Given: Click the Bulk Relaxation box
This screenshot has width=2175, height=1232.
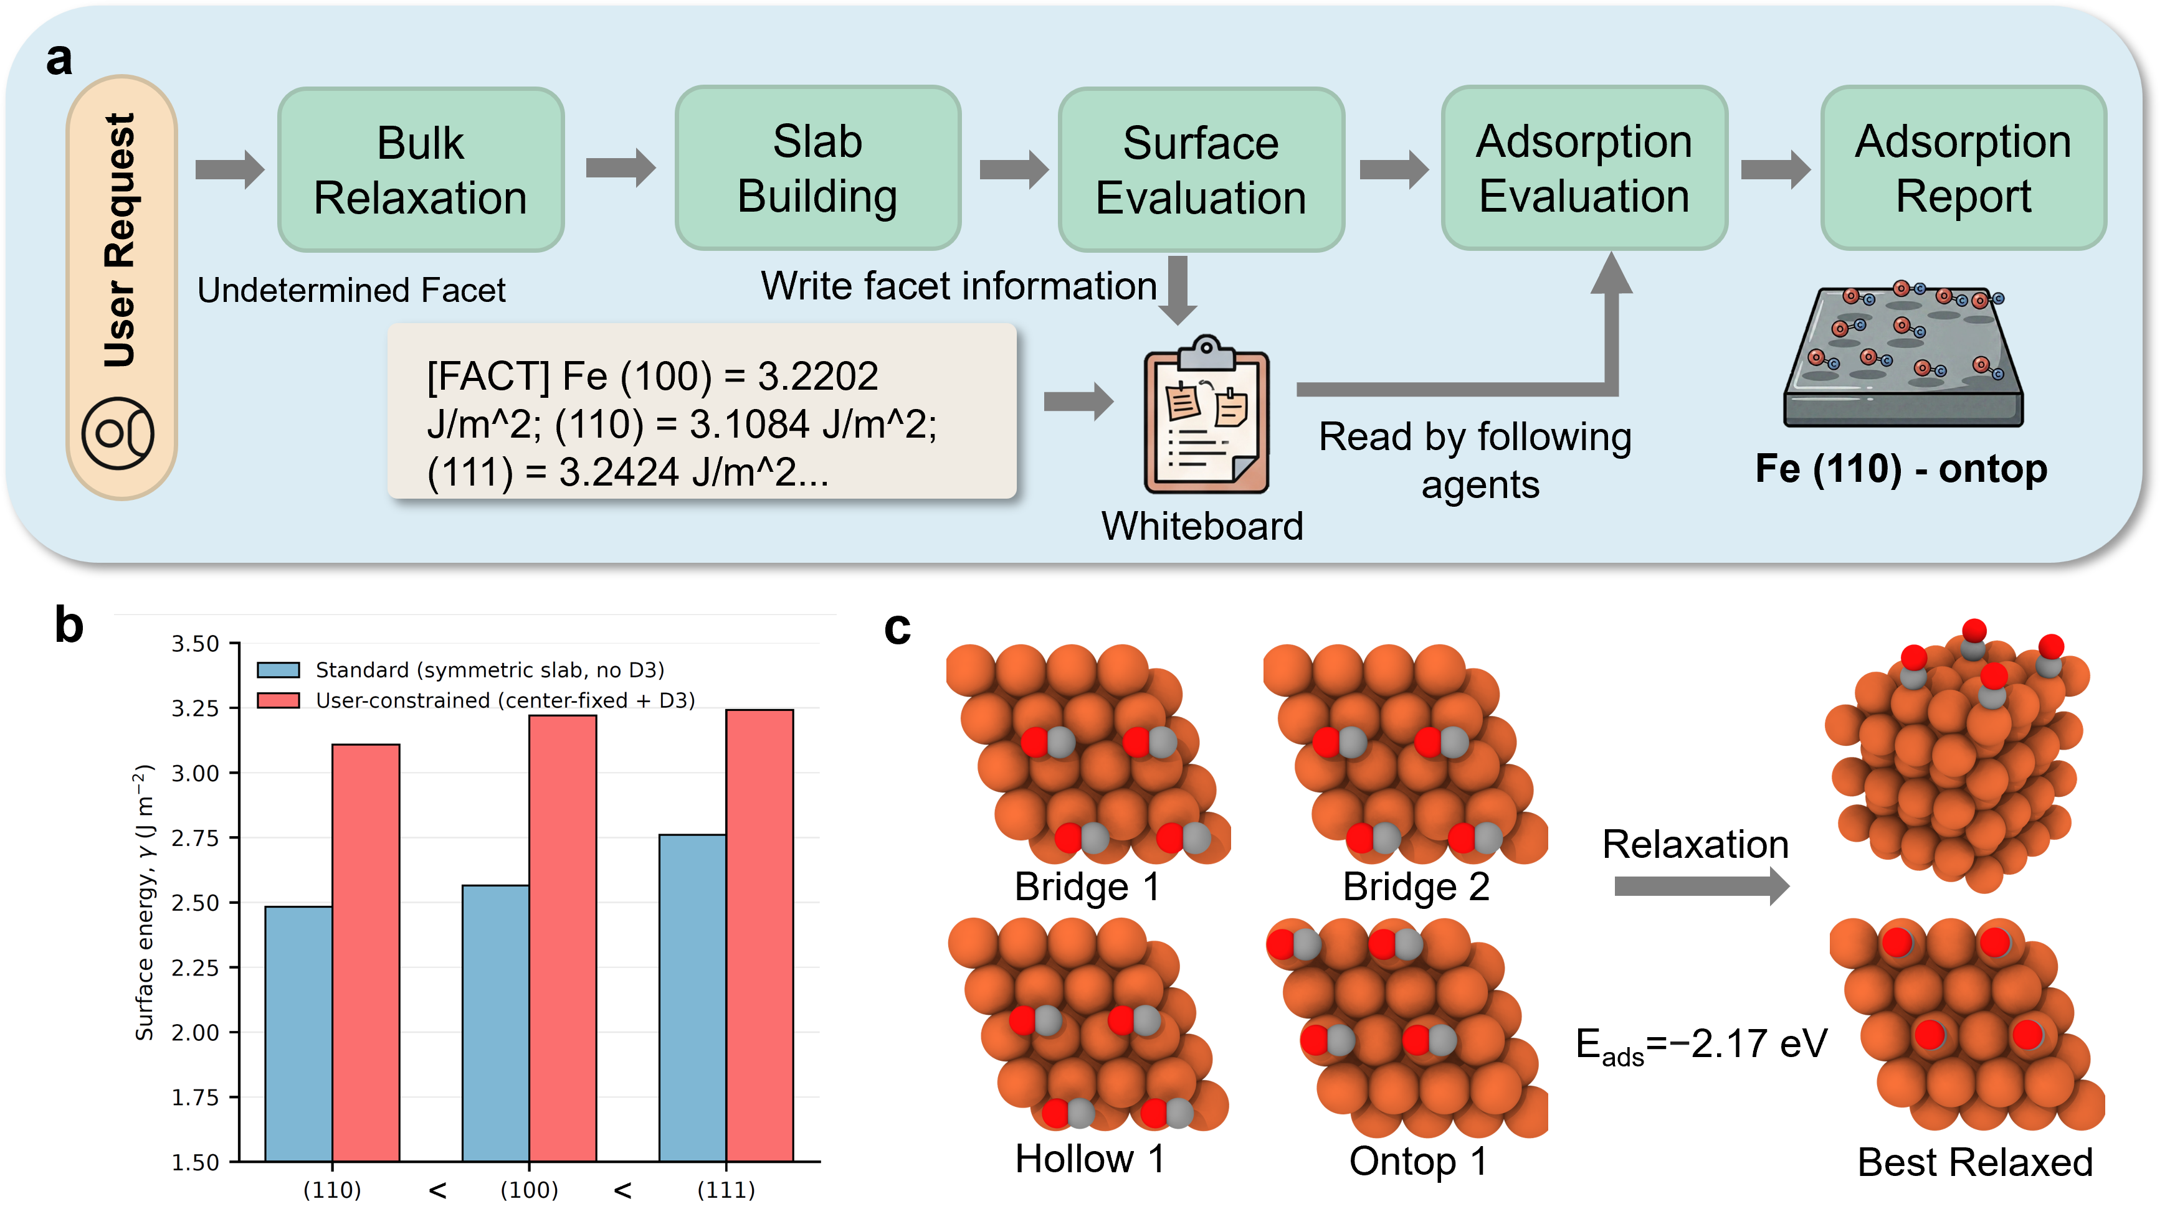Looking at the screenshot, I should coord(421,169).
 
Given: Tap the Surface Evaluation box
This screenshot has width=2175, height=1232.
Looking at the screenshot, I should coord(1201,169).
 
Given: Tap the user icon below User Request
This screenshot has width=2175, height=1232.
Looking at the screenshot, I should coord(118,433).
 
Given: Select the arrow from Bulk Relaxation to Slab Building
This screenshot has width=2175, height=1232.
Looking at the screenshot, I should coord(620,167).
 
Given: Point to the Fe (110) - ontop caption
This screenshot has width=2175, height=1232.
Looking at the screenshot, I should coord(1901,469).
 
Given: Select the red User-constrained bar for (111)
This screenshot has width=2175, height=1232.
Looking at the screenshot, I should coord(759,935).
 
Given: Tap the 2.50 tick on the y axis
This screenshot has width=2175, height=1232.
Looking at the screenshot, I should coord(196,903).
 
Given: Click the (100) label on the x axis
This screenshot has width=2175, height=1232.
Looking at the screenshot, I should coord(529,1190).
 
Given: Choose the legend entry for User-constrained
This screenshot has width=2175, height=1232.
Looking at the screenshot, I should coord(504,700).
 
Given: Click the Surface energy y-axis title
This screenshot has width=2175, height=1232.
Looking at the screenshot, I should coord(145,902).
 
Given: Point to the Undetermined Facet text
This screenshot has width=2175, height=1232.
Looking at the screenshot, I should coord(351,290).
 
